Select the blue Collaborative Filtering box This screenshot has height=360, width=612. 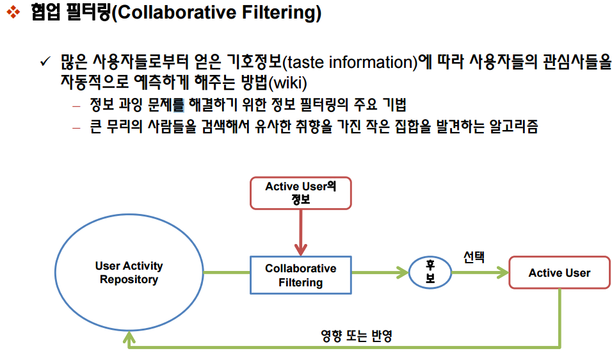(300, 275)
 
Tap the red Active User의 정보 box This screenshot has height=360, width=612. (300, 193)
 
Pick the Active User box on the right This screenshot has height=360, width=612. (560, 272)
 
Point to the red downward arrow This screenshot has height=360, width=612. (300, 233)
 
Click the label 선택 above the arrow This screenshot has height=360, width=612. (474, 257)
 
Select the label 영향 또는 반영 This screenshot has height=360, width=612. (357, 336)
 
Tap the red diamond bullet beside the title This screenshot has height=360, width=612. (13, 12)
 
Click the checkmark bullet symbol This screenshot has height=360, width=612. (45, 61)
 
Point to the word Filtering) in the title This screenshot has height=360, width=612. (282, 13)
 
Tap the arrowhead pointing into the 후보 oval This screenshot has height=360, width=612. (403, 272)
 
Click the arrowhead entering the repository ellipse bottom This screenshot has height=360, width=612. (129, 338)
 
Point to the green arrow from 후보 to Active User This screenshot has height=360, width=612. (480, 272)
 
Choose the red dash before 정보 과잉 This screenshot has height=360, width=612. (77, 106)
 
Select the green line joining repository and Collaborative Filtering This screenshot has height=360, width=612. (227, 272)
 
